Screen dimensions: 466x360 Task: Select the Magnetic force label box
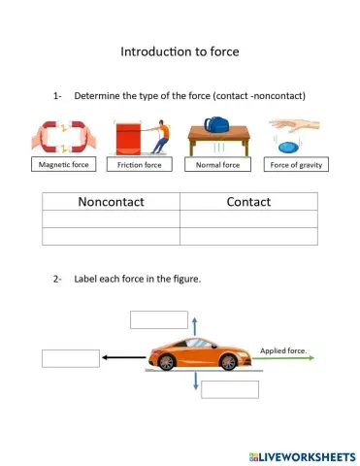(x=63, y=165)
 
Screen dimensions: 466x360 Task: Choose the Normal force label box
(x=217, y=165)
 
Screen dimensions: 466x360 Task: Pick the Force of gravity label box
(x=296, y=165)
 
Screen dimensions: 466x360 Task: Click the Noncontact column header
(x=112, y=202)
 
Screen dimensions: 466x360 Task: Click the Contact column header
(x=248, y=202)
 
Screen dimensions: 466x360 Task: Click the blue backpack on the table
(x=215, y=127)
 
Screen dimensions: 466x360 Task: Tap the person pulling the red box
(x=162, y=136)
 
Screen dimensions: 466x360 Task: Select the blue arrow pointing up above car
(x=194, y=325)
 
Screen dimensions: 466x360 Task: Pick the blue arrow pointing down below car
(x=195, y=383)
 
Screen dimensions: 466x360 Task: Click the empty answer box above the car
(x=158, y=319)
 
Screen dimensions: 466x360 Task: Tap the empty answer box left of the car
(x=71, y=358)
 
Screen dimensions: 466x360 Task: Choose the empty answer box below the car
(x=230, y=389)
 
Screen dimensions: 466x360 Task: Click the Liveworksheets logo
(x=301, y=454)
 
